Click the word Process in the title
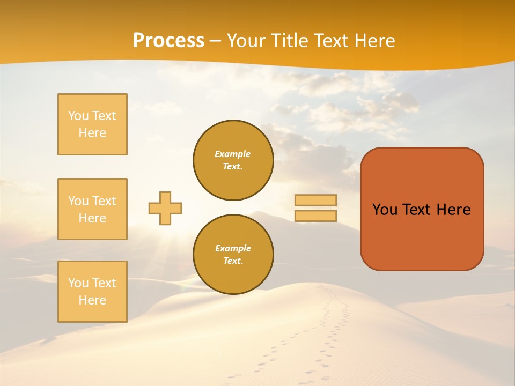point(168,41)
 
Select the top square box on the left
point(92,124)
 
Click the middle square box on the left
point(92,209)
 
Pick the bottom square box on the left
point(92,292)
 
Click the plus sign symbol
point(165,208)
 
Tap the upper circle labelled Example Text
point(233,160)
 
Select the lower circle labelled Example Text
point(233,255)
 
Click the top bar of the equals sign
point(315,200)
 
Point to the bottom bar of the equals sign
point(315,216)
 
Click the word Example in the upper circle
point(232,154)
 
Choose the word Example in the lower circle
point(233,248)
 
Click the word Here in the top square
point(92,133)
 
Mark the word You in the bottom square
point(78,283)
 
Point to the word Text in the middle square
point(104,201)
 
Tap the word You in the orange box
point(385,210)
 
